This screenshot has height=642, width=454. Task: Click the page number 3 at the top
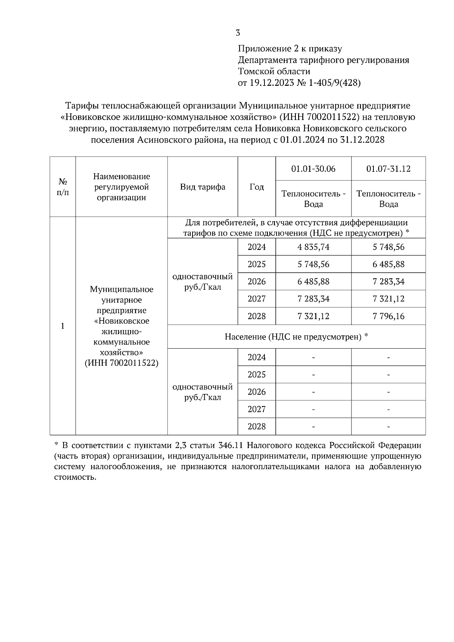coord(238,33)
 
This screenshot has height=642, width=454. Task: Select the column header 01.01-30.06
coord(313,169)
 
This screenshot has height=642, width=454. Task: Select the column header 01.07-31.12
coord(388,169)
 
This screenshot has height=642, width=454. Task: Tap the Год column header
coord(257,187)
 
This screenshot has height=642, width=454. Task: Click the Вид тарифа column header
coord(202,187)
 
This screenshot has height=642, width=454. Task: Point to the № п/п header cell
coord(63,187)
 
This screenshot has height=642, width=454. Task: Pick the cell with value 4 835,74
coord(313,247)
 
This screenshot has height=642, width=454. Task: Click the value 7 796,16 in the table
coord(388,316)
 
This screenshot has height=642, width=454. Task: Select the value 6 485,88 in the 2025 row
coord(388,264)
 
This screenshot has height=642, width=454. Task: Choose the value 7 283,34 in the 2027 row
coord(313,299)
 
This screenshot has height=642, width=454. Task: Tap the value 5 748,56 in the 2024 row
coord(388,247)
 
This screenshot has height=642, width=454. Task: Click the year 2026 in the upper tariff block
coord(257,281)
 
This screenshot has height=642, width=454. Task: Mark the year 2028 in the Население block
coord(257,426)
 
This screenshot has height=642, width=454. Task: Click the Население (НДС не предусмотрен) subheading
coord(296,337)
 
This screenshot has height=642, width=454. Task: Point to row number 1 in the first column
coord(63,326)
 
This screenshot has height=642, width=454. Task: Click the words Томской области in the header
coord(274,71)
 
